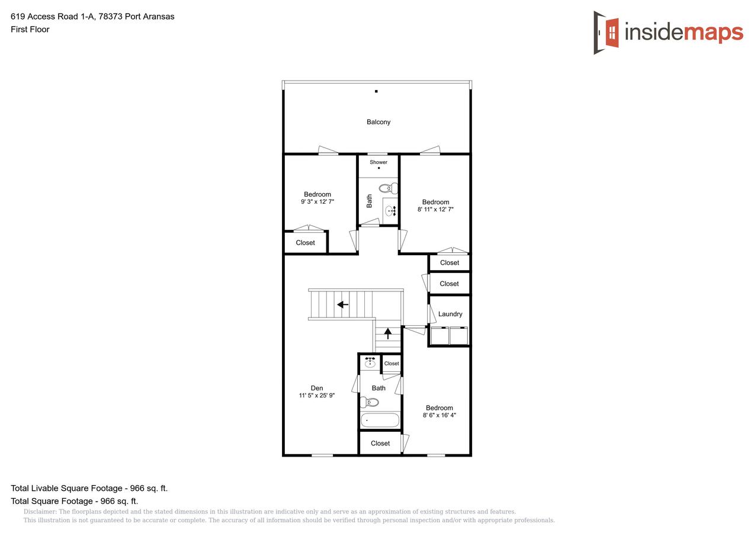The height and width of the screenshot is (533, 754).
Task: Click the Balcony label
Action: (378, 122)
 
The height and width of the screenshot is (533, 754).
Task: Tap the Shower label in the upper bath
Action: (378, 162)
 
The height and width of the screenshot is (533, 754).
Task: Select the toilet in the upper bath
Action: (388, 189)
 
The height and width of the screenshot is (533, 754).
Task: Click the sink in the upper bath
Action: (390, 210)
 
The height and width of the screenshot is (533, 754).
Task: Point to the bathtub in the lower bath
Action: (380, 420)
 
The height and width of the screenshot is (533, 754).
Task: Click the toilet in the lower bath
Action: (370, 403)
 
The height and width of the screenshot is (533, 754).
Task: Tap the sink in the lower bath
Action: (370, 362)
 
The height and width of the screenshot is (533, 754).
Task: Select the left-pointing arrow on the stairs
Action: (342, 304)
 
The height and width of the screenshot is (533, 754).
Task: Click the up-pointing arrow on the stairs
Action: (388, 333)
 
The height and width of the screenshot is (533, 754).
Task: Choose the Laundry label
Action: (450, 314)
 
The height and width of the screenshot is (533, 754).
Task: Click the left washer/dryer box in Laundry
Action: (439, 336)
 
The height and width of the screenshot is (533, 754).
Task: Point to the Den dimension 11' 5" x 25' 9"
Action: (317, 396)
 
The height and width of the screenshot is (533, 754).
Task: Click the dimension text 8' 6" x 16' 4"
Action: (439, 415)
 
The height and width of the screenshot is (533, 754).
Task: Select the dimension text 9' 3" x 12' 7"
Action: (317, 202)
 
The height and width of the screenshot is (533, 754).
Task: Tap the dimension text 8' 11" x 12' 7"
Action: (435, 210)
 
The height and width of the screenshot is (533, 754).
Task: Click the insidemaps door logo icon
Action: (607, 33)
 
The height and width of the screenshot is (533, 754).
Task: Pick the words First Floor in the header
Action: (30, 29)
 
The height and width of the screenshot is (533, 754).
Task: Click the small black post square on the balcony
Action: (376, 91)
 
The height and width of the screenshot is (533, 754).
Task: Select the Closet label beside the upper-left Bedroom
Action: (306, 243)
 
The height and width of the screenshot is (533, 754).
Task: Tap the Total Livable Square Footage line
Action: (89, 489)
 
